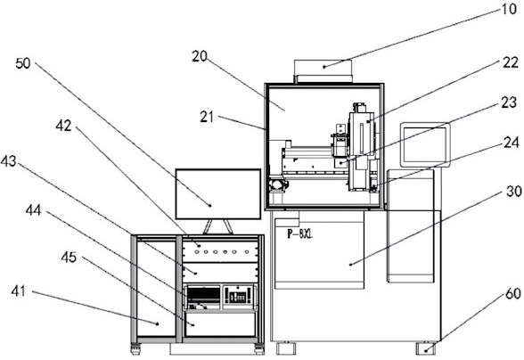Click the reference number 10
[509, 9]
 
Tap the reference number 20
[200, 56]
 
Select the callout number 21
[207, 117]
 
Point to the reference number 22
[511, 62]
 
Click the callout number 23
[509, 102]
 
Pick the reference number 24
[511, 143]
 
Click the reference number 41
[18, 290]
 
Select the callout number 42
[63, 126]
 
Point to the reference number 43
[8, 161]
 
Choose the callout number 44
[34, 210]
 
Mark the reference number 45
[69, 257]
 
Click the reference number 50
[23, 63]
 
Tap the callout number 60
[513, 293]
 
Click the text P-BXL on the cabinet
[300, 234]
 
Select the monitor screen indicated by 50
[218, 194]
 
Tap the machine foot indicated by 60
[426, 348]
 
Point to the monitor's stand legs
[218, 226]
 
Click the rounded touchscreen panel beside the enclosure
[425, 144]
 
